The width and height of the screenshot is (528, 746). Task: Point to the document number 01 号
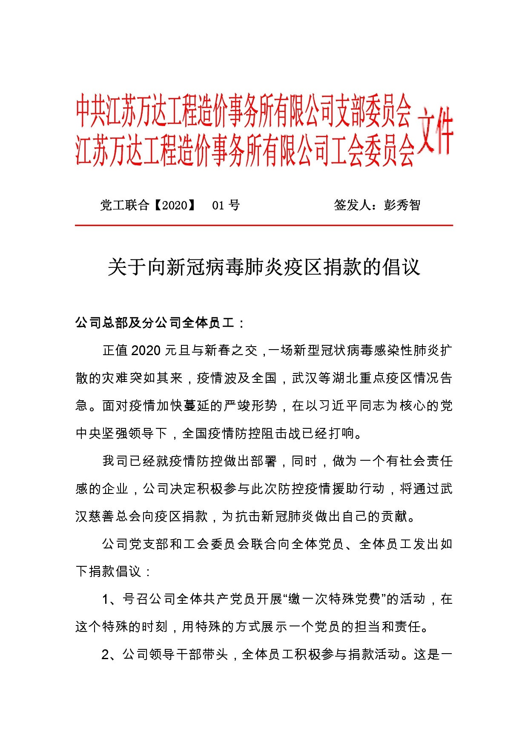[x=226, y=205]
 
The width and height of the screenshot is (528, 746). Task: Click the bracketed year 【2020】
[x=175, y=205]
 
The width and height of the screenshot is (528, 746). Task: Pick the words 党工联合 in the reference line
[x=124, y=205]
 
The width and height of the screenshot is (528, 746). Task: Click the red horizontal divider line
[x=264, y=225]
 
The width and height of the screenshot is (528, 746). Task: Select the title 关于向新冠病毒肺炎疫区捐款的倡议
[x=264, y=267]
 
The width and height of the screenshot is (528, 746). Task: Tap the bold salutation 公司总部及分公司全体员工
[x=155, y=323]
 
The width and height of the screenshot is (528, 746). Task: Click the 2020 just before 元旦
[x=146, y=350]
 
